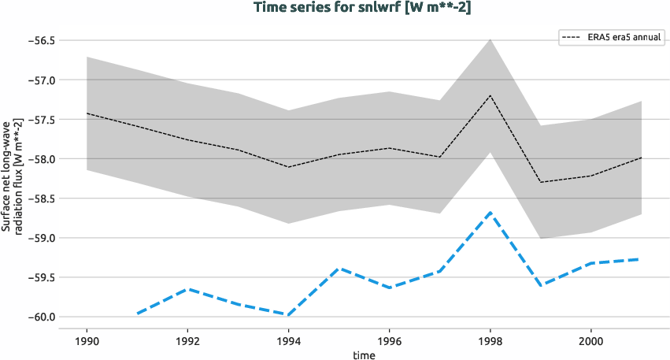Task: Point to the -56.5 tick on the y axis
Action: tap(39, 40)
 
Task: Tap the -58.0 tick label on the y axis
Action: tap(39, 159)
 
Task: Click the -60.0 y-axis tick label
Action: tap(39, 317)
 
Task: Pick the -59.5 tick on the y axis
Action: tap(39, 277)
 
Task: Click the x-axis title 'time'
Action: tap(364, 354)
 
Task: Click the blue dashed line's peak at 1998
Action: tap(490, 212)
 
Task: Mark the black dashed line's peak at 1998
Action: tap(490, 95)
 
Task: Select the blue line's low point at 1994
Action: tap(288, 314)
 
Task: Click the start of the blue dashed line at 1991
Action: tap(137, 314)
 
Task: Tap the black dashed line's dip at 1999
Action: tap(541, 182)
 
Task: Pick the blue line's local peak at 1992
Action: tap(187, 289)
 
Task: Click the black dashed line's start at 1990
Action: tap(87, 113)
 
